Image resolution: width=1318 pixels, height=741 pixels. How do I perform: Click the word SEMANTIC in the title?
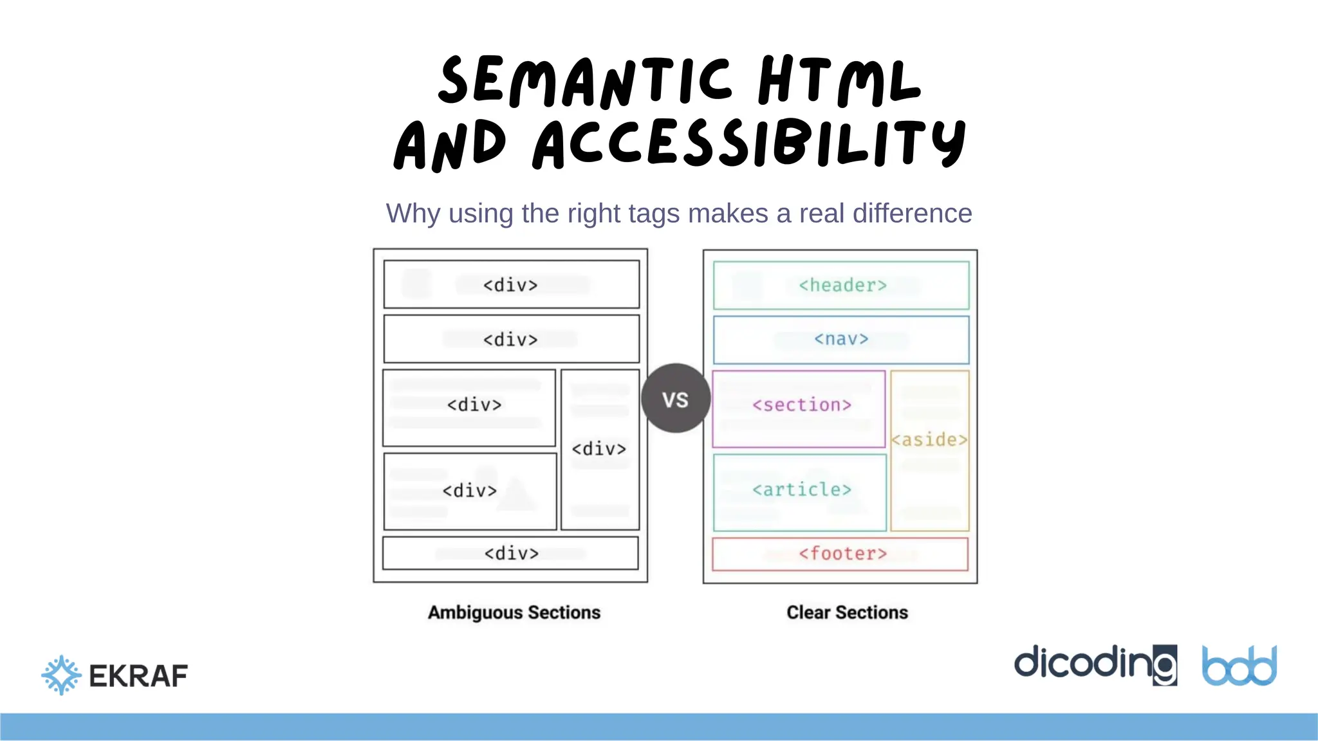pos(584,82)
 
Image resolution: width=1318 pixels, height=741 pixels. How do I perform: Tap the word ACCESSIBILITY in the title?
pos(749,144)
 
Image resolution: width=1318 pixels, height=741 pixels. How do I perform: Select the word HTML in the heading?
pos(839,82)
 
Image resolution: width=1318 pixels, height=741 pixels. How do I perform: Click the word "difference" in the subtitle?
pos(912,214)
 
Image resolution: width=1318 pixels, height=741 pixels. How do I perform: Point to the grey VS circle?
pos(676,399)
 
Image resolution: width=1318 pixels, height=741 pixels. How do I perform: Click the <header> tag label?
pos(842,285)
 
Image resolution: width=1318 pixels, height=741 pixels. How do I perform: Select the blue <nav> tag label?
pos(841,339)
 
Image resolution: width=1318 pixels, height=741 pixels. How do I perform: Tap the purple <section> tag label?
pos(802,405)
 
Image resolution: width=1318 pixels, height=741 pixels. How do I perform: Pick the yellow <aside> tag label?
pos(929,440)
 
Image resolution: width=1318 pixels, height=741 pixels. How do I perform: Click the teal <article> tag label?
pos(802,490)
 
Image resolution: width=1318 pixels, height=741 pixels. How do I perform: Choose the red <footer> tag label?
pos(842,554)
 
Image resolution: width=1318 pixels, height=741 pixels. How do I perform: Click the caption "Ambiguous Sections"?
pos(514,612)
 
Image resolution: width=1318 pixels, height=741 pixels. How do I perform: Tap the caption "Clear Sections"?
pos(847,612)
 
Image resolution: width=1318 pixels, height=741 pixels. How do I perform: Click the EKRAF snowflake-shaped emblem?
pos(61,675)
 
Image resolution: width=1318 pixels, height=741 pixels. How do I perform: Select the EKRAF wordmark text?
pos(138,676)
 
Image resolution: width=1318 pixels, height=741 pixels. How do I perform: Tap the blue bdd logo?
pos(1239,666)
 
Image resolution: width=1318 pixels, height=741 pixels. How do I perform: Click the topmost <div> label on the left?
pos(510,285)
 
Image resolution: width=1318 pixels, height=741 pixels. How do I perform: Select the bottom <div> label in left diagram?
pos(511,554)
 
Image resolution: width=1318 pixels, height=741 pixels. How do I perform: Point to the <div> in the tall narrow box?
pos(599,449)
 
